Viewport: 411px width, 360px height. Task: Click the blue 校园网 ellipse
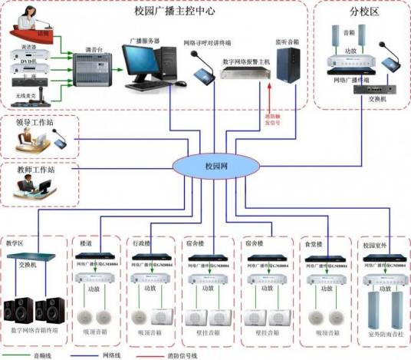205,166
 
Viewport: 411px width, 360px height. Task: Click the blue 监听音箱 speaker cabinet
294,63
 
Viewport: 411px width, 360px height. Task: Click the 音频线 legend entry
42,355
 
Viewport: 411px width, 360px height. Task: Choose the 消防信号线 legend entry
182,355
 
